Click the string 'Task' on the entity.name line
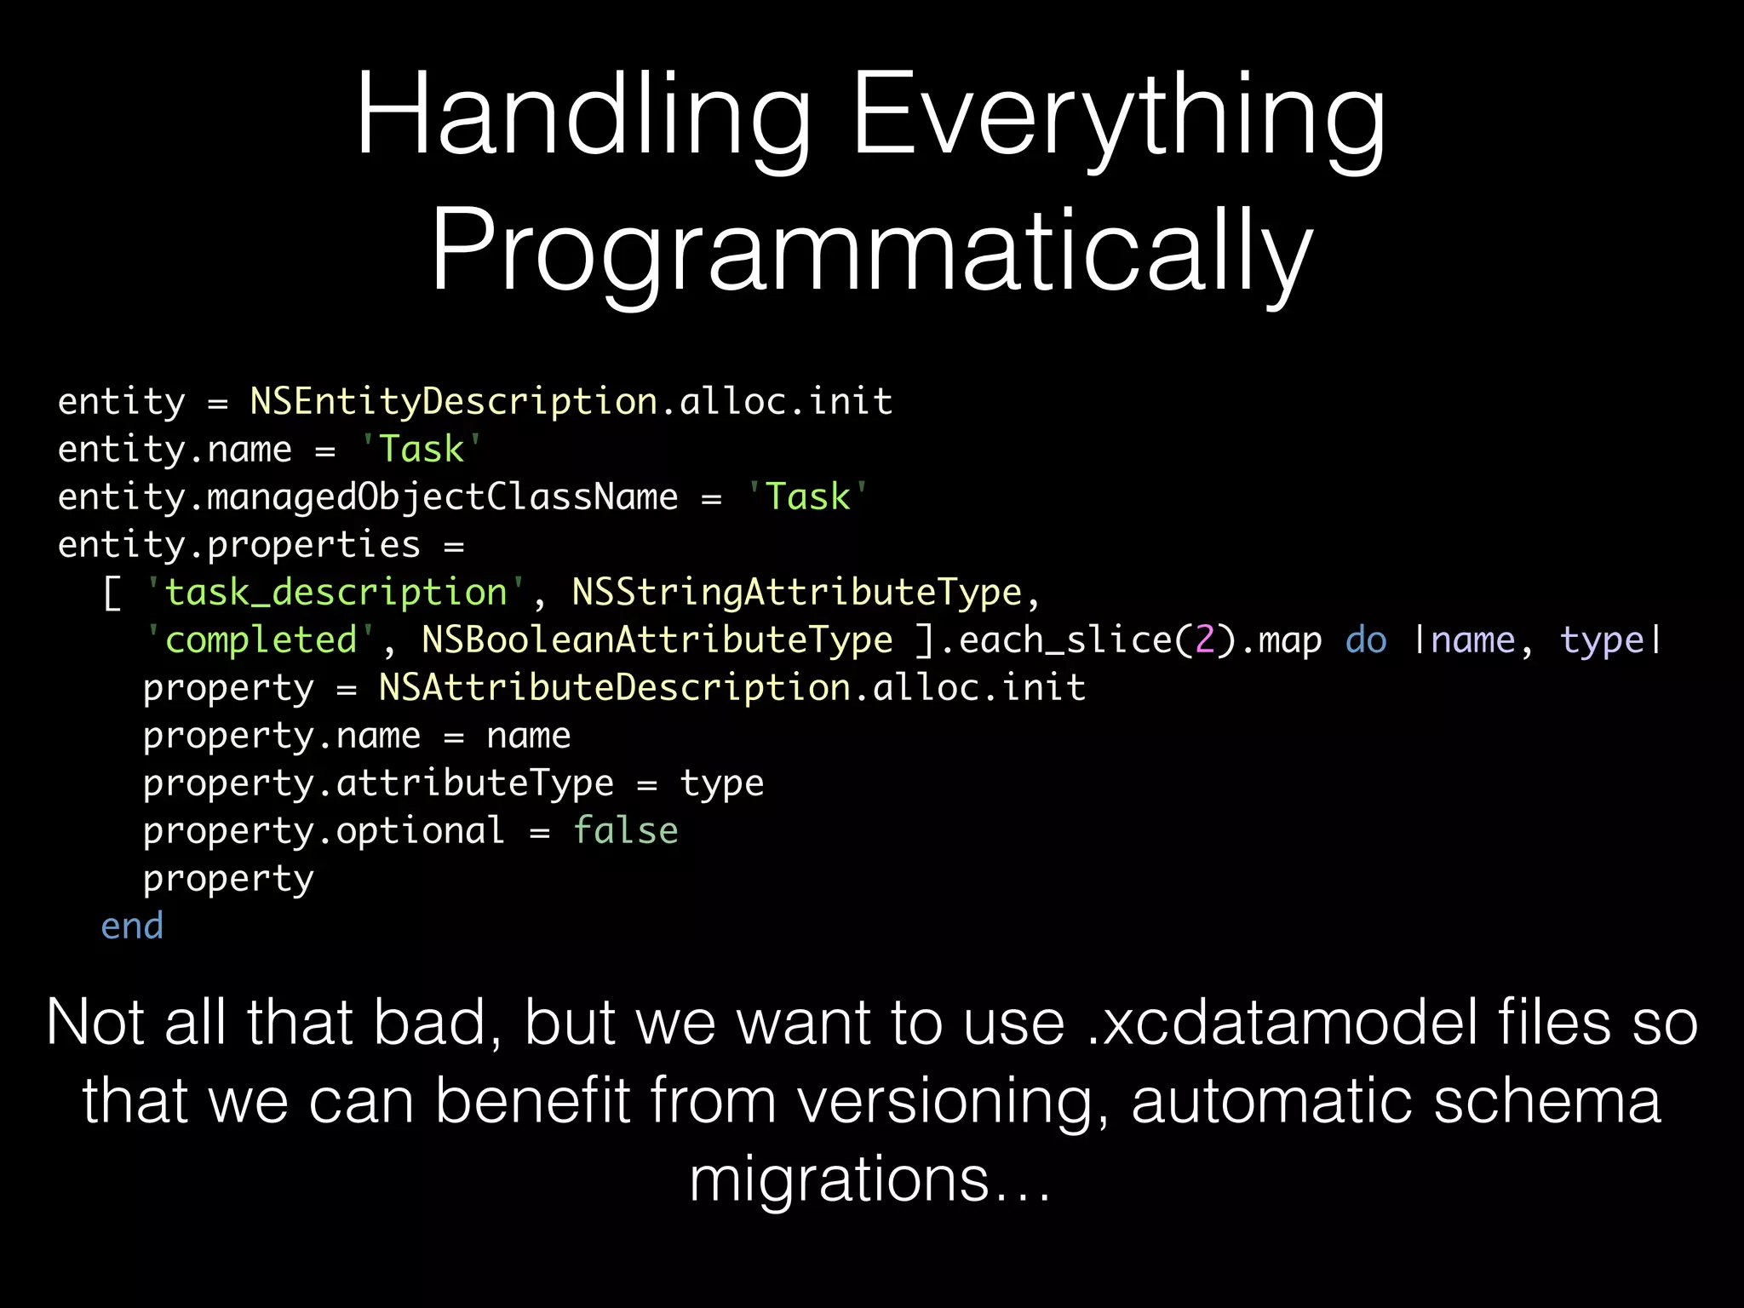(x=422, y=449)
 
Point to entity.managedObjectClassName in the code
(x=368, y=496)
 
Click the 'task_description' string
(x=336, y=592)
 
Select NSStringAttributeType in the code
(x=796, y=592)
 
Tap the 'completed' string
(x=261, y=640)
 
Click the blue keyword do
(x=1366, y=640)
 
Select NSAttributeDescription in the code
(x=615, y=687)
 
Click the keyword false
(x=625, y=830)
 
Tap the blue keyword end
(x=132, y=926)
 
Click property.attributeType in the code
(x=378, y=783)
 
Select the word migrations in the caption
(x=839, y=1179)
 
